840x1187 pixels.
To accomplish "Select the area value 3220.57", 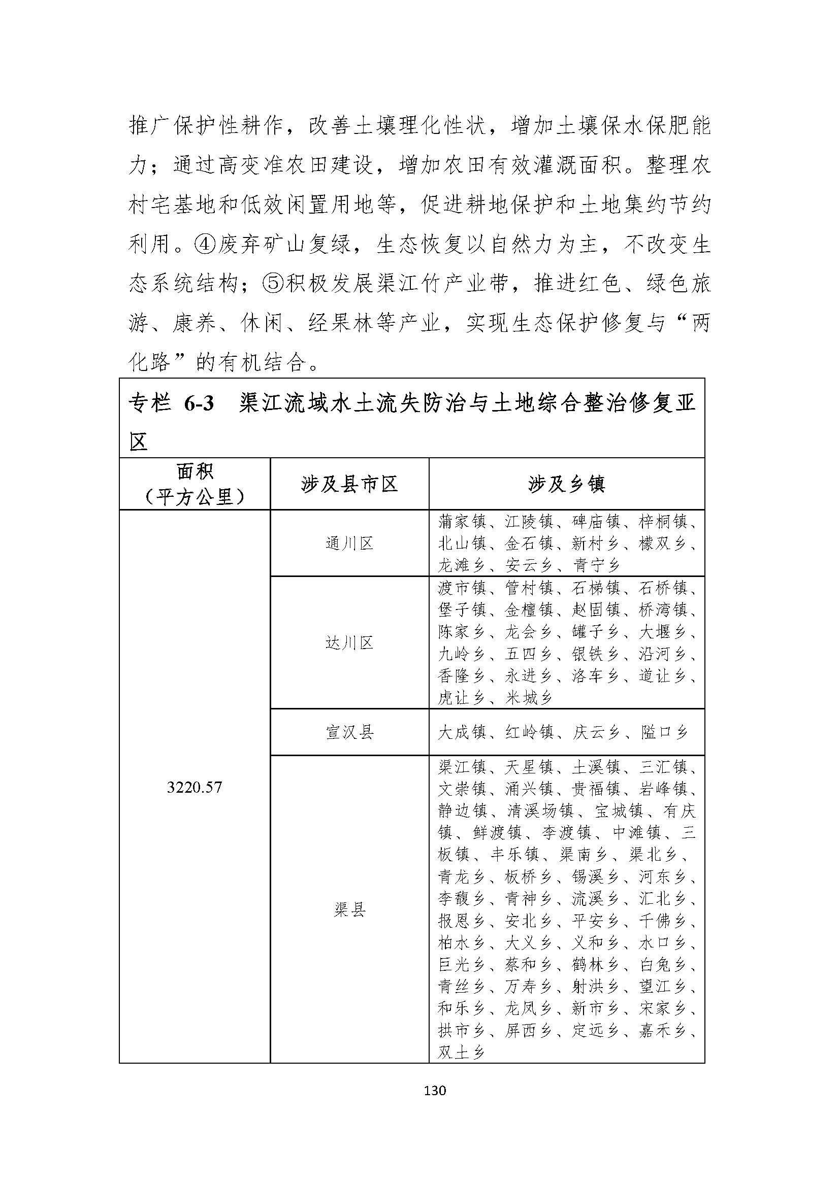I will [x=195, y=788].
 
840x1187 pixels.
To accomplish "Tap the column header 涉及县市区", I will [x=349, y=485].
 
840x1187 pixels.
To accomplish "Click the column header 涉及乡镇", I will [x=566, y=485].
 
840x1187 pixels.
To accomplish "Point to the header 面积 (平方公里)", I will [x=195, y=484].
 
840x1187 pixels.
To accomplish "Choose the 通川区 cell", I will [x=349, y=544].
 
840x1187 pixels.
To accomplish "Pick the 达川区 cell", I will [x=349, y=642].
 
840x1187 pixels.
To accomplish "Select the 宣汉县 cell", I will [x=349, y=732].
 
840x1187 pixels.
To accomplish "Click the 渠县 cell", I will [x=349, y=910].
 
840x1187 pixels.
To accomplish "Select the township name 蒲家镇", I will [x=462, y=522].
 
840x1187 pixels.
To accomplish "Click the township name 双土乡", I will [x=461, y=1052].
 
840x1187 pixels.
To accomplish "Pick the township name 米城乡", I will [x=529, y=698].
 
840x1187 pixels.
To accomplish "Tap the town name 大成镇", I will [x=462, y=732].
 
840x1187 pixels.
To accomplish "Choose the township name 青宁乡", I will [x=596, y=565].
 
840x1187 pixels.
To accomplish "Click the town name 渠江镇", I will [x=462, y=767].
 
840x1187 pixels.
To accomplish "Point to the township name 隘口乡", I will [x=664, y=732].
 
